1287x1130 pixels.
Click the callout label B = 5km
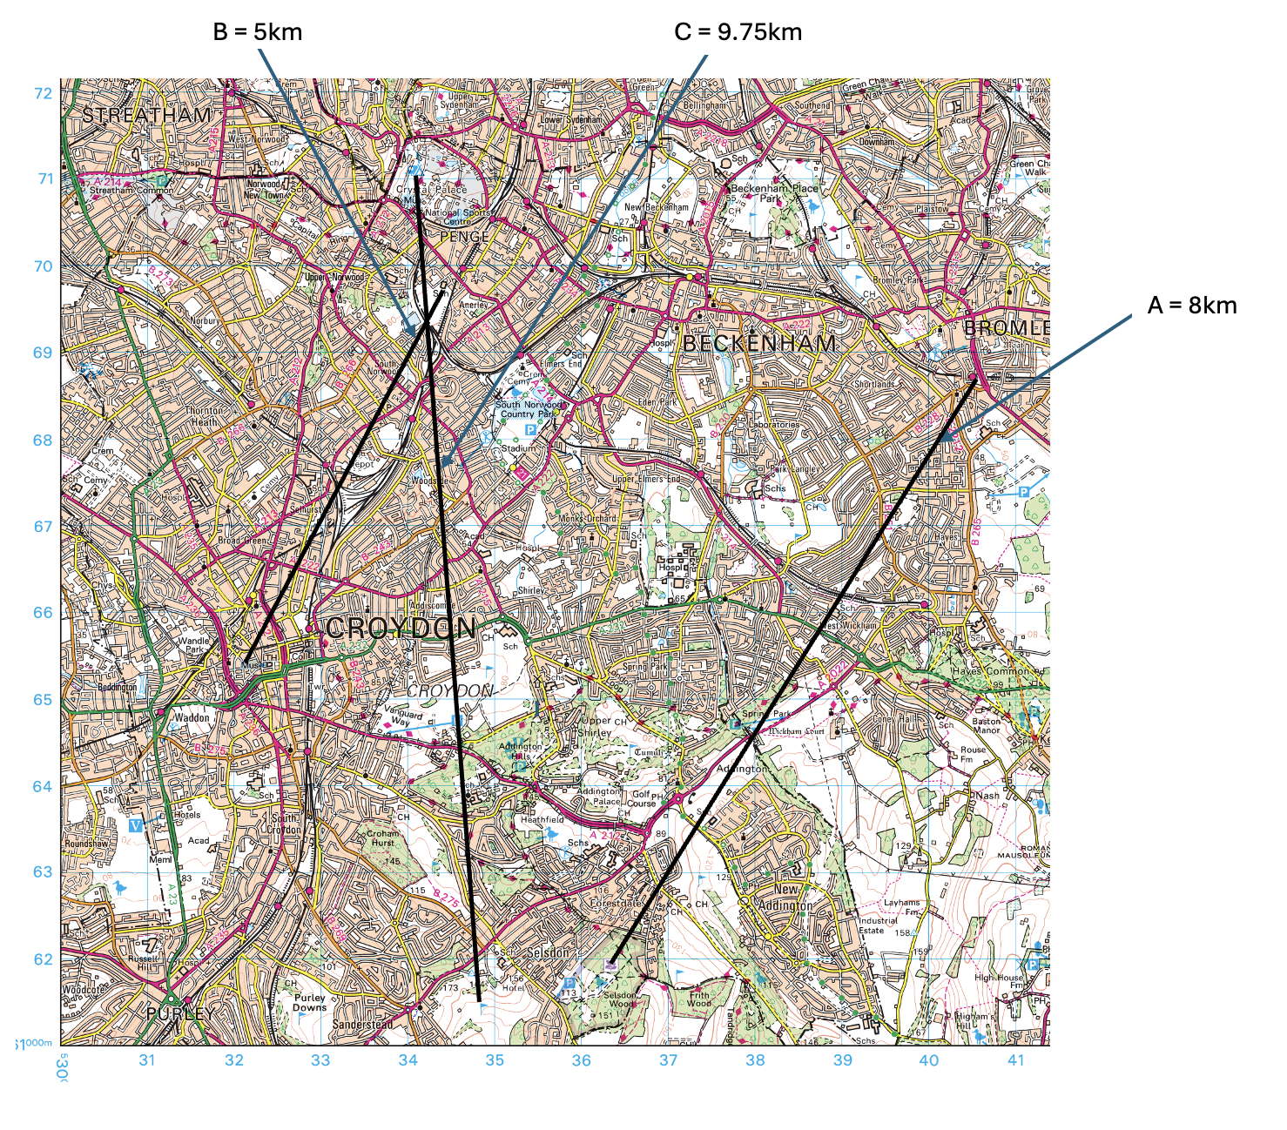click(x=258, y=32)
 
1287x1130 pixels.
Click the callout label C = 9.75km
click(x=738, y=32)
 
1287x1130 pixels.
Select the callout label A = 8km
click(x=1191, y=305)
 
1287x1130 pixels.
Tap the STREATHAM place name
click(x=146, y=115)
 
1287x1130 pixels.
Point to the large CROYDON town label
click(x=401, y=628)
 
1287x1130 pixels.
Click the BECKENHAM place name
click(x=759, y=344)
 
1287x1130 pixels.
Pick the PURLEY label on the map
click(x=180, y=1013)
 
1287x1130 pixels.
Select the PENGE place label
click(x=464, y=237)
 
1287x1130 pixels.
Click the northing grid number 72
click(x=43, y=93)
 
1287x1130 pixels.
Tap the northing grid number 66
click(x=43, y=613)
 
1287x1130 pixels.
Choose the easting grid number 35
click(x=495, y=1060)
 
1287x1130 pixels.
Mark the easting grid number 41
click(x=1016, y=1060)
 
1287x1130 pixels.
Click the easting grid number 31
click(x=147, y=1060)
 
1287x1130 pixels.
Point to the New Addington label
click(x=786, y=898)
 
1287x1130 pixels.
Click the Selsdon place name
click(x=548, y=953)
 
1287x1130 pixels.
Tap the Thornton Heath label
click(x=205, y=416)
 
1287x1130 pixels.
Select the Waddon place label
click(x=192, y=717)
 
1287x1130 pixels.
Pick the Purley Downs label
click(x=309, y=1003)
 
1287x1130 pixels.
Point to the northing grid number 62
click(x=43, y=959)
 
